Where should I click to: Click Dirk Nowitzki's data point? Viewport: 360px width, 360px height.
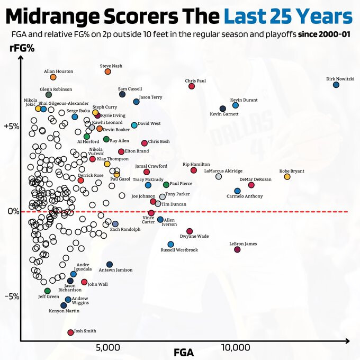coord(336,85)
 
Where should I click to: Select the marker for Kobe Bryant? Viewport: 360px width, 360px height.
coord(287,176)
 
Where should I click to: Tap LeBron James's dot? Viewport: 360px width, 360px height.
coord(237,250)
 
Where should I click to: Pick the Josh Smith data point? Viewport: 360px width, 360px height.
coord(70,332)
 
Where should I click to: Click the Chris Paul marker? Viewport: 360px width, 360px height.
coord(192,86)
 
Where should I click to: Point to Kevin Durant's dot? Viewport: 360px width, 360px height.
coord(236,105)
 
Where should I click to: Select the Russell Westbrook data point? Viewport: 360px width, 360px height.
coord(170,244)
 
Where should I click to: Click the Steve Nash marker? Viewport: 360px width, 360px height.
coord(108,71)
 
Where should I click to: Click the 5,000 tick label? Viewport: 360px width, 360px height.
coord(108,348)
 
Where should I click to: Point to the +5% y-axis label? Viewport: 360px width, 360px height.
coord(12,127)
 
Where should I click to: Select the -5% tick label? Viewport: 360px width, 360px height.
coord(12,296)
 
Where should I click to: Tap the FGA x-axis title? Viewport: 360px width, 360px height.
coord(184,352)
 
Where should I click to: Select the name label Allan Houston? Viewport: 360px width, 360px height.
coord(58,71)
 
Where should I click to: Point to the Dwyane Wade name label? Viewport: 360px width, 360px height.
coord(194,236)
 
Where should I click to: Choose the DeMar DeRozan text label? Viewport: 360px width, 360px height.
coord(255,179)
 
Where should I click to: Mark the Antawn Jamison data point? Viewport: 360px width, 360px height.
coord(110,264)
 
